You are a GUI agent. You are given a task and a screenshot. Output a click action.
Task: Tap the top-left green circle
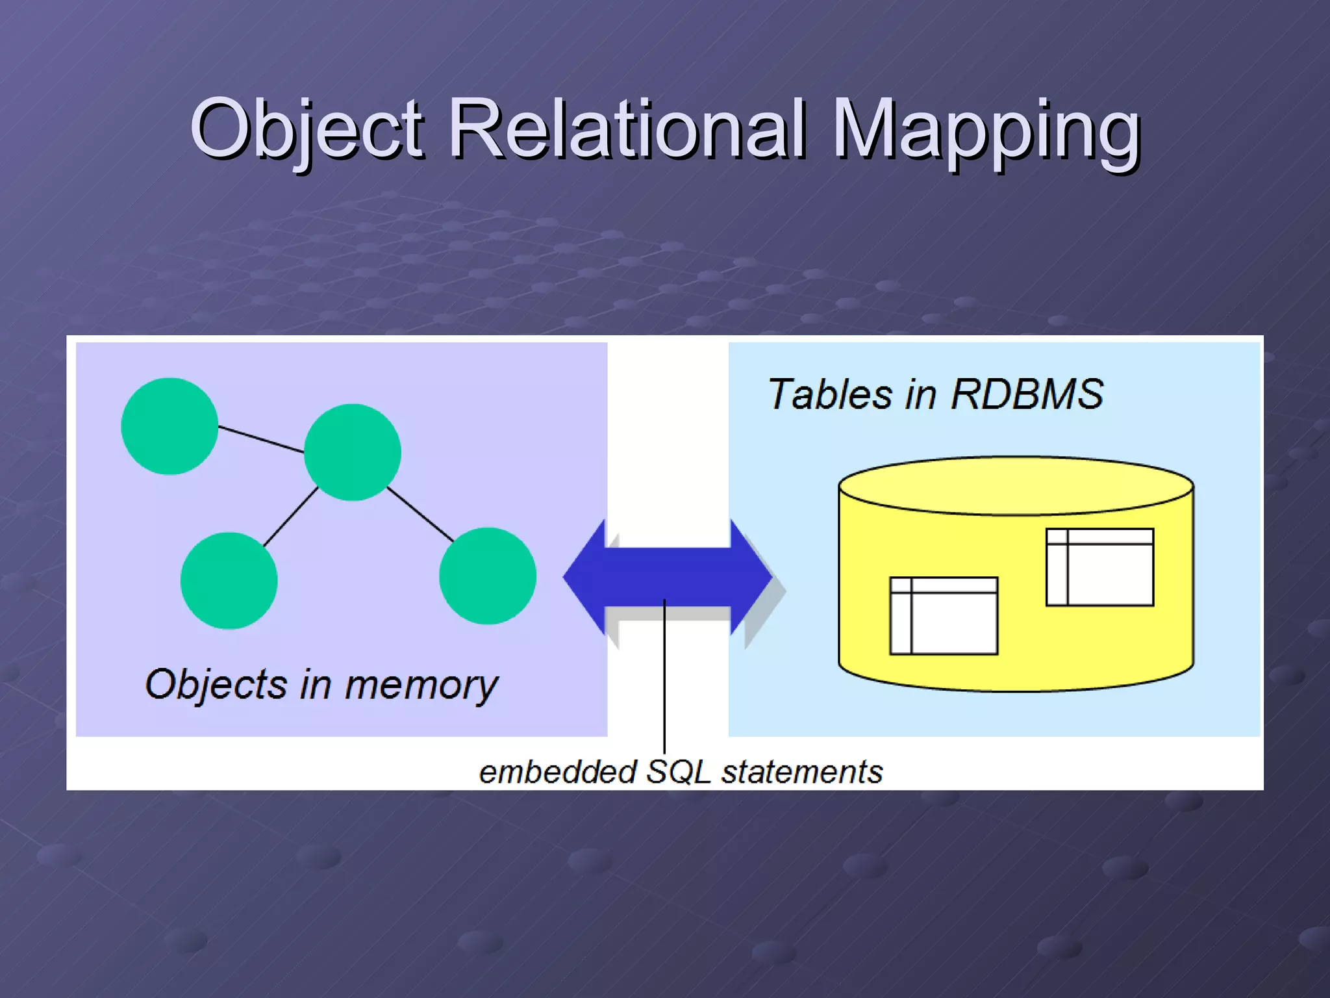tap(169, 426)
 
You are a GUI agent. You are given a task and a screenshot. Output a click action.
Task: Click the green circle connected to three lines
tap(353, 452)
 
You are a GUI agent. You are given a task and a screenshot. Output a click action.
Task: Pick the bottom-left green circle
tap(229, 580)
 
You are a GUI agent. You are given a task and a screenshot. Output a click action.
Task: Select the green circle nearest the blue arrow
tap(488, 576)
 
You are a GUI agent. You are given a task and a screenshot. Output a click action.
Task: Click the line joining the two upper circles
tap(261, 439)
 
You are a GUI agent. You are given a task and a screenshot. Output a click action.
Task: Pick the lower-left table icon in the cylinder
tap(944, 615)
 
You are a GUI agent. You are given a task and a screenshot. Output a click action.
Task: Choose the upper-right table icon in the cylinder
tap(1099, 567)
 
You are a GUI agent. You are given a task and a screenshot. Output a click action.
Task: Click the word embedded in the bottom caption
tap(557, 772)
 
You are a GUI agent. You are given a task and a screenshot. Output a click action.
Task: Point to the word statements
tap(802, 772)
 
